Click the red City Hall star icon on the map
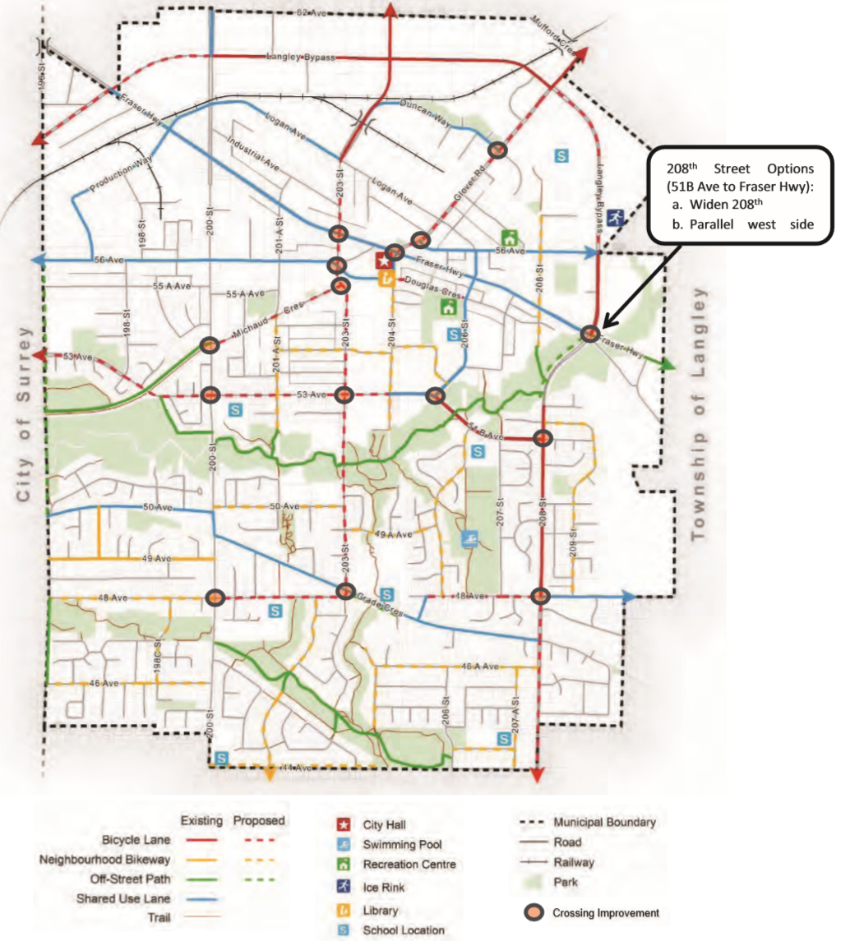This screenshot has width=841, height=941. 382,262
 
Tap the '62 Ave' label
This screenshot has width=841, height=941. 308,13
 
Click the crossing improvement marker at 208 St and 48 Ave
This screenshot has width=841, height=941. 540,597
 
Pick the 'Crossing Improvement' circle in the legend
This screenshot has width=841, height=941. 534,913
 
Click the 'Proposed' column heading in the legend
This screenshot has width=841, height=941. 258,820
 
